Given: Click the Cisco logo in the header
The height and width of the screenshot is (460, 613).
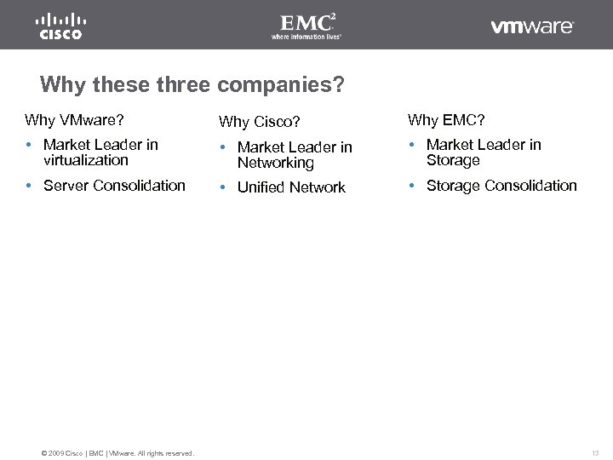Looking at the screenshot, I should click(60, 26).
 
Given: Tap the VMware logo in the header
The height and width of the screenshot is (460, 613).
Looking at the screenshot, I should click(532, 26).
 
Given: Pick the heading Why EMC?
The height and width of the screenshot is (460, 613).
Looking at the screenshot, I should click(446, 120).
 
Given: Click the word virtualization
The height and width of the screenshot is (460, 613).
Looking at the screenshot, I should click(85, 160).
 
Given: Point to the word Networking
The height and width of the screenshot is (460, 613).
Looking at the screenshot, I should click(275, 163).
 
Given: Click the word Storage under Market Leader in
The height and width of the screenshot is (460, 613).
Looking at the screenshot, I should click(453, 160).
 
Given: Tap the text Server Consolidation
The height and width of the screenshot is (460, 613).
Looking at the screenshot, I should click(114, 186).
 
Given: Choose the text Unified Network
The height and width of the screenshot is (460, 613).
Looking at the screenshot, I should click(291, 187).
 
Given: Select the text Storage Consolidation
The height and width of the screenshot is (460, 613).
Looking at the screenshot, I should click(501, 186).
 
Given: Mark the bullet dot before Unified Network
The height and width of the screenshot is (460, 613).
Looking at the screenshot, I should click(224, 187).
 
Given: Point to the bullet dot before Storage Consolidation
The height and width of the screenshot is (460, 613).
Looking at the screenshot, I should click(413, 186).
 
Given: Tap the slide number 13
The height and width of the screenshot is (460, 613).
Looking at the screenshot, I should click(595, 452).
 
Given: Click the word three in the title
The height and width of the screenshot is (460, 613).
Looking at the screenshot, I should click(184, 85).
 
